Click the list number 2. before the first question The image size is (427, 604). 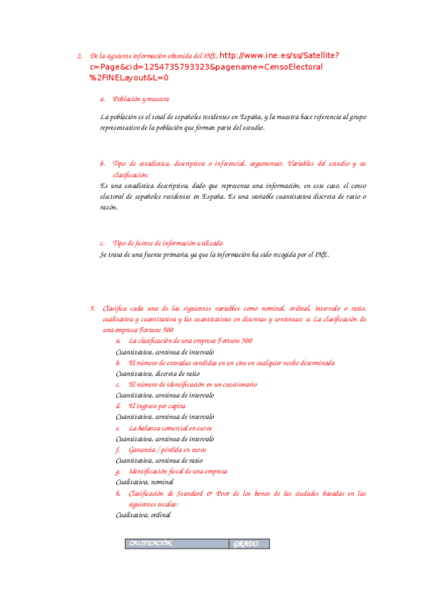[x=78, y=56]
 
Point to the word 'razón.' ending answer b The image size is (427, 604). [x=108, y=207]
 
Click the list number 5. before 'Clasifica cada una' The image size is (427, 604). [x=93, y=308]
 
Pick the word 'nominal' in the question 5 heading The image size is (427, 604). [x=271, y=308]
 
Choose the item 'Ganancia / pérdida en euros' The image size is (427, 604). [x=168, y=450]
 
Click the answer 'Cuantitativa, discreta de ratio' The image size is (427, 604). [x=158, y=373]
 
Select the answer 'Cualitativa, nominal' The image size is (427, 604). [x=145, y=482]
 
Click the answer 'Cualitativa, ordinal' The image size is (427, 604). [x=143, y=515]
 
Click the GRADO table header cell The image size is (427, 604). [x=249, y=544]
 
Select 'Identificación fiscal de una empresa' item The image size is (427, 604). [x=178, y=472]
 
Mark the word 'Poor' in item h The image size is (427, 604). [x=222, y=493]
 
